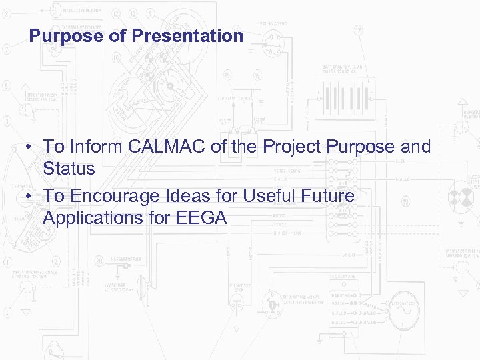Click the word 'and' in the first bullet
click(416, 147)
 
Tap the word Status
click(69, 169)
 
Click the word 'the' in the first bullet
click(242, 147)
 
